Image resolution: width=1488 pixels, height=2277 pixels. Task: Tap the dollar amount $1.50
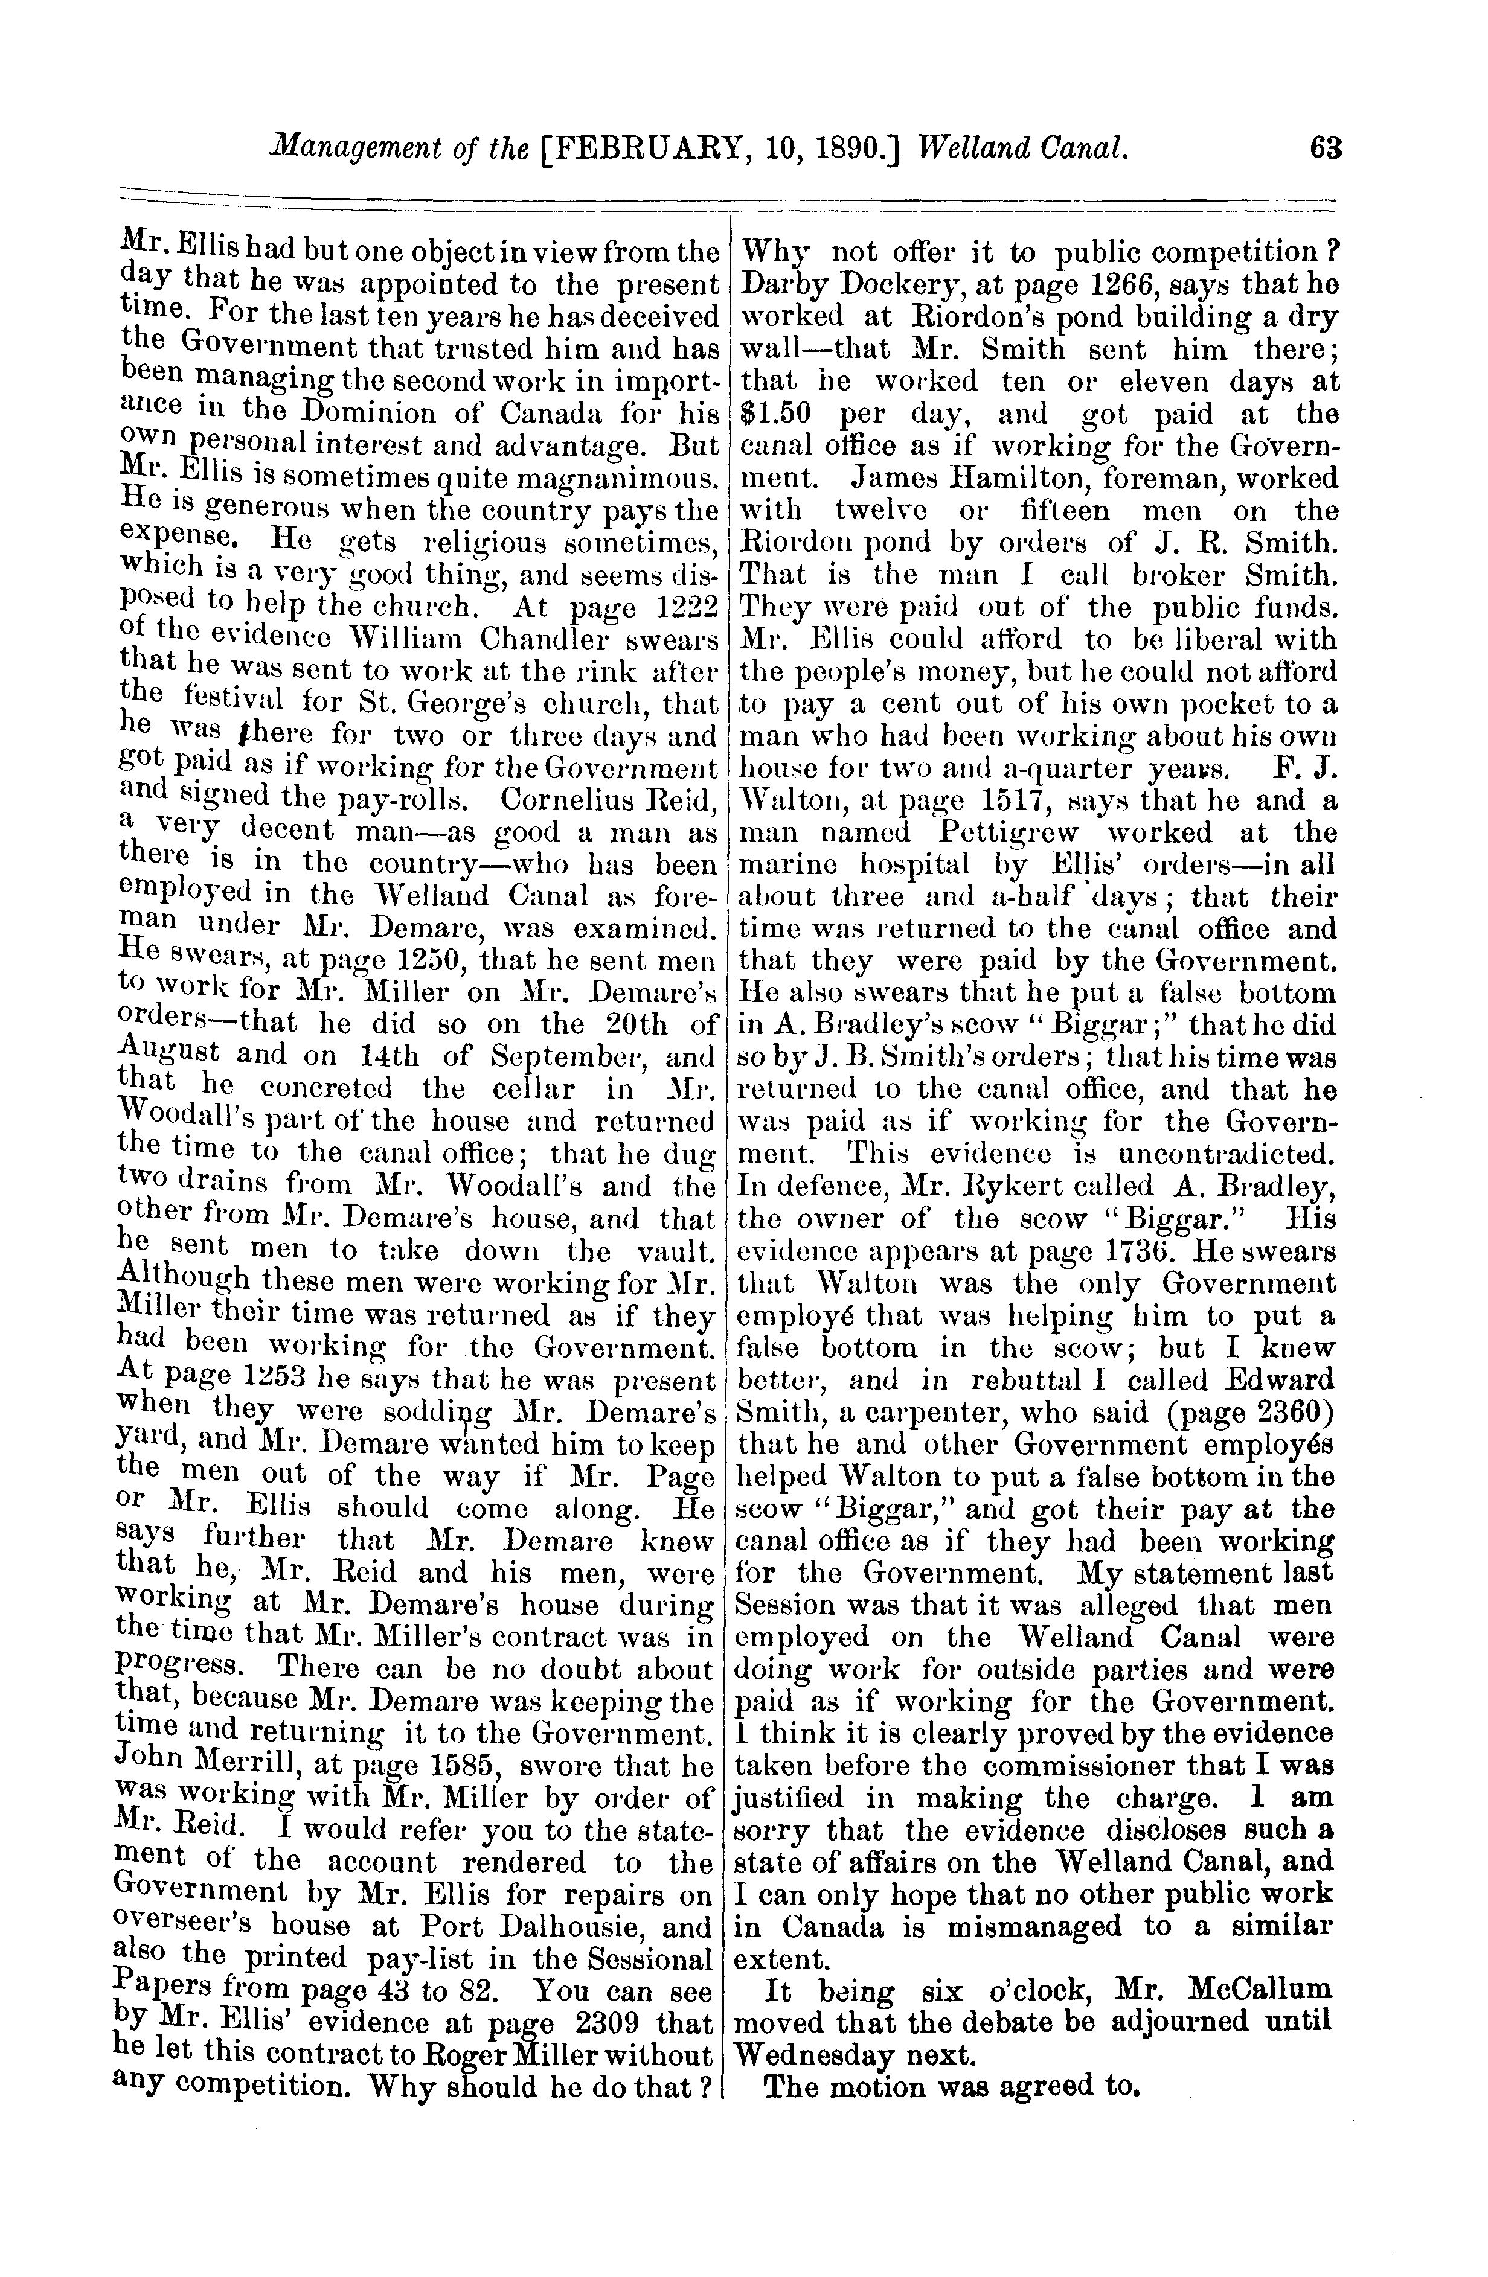click(x=777, y=414)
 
